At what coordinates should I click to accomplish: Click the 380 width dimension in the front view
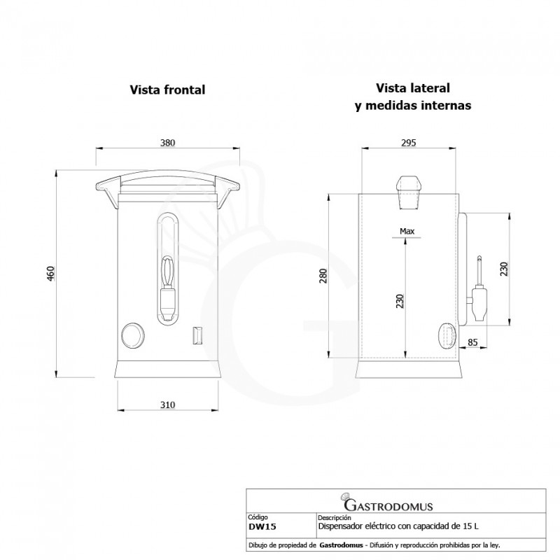click(167, 143)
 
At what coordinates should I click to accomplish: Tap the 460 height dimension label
click(51, 274)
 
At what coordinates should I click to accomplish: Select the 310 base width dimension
click(167, 405)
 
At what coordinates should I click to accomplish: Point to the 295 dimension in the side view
click(409, 143)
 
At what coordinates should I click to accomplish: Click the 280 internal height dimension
click(323, 276)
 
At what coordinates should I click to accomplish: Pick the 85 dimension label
click(472, 342)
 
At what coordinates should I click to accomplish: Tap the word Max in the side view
click(407, 231)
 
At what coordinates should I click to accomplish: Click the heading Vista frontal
click(167, 90)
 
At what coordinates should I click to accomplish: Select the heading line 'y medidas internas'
click(413, 106)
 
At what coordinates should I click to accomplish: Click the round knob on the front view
click(133, 335)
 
